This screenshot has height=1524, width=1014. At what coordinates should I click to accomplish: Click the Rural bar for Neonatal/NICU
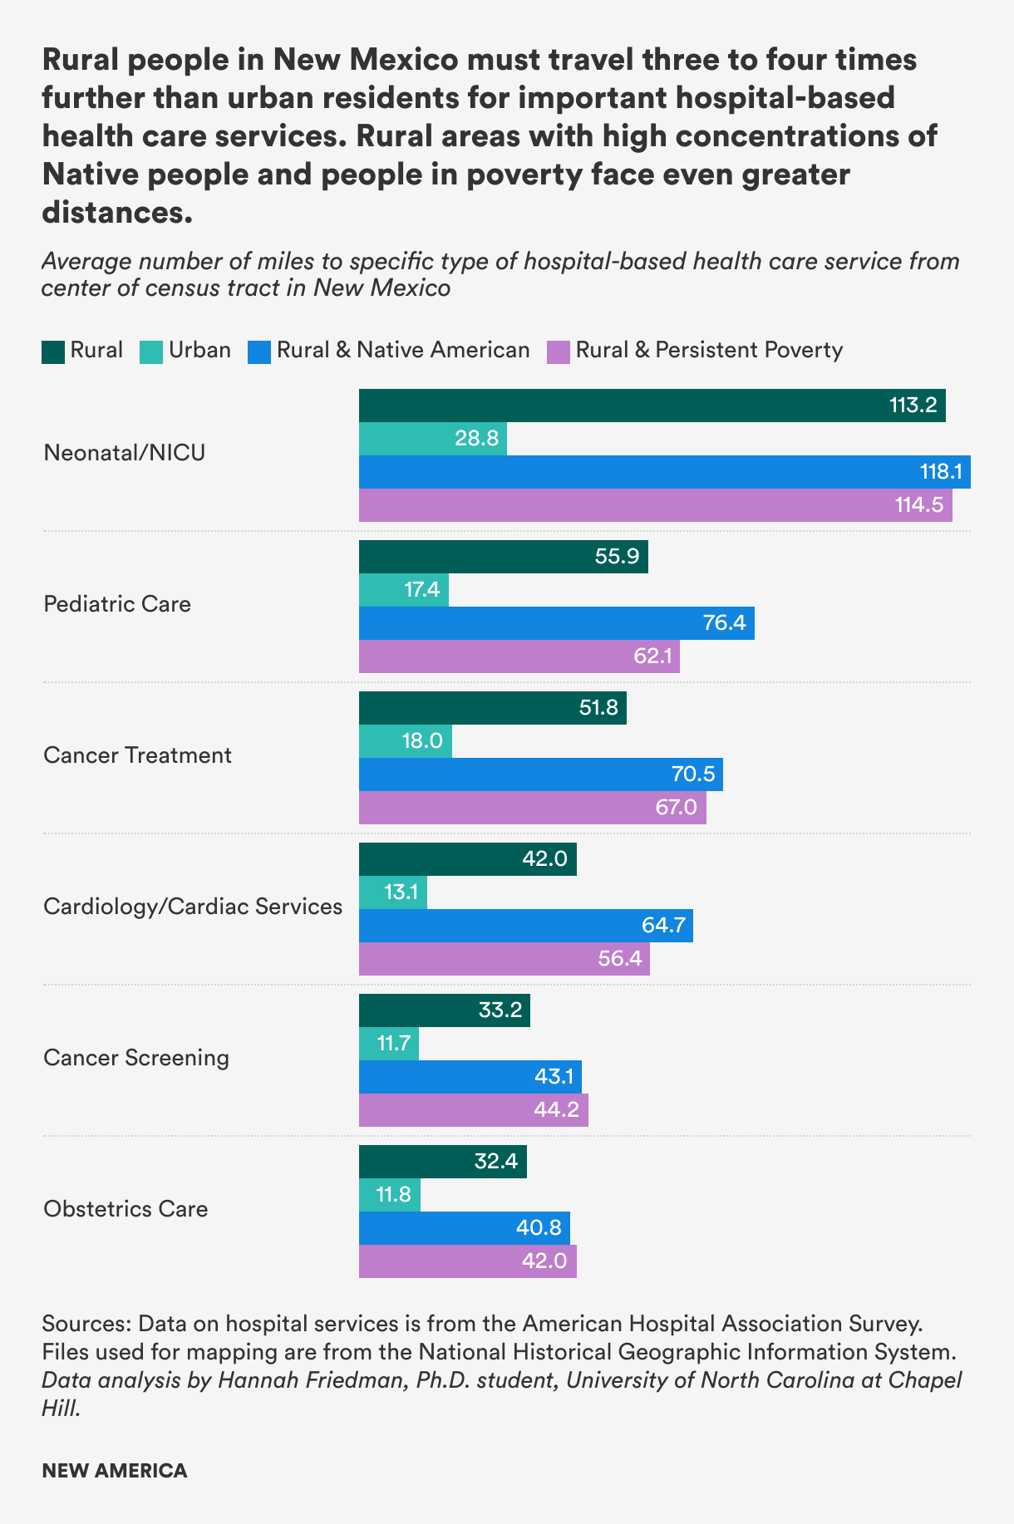[652, 406]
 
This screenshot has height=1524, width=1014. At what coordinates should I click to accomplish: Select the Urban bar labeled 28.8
[432, 439]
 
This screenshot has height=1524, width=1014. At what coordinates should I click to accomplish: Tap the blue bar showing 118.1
[664, 472]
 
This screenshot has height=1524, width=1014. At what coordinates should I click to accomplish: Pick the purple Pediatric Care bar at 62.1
[519, 656]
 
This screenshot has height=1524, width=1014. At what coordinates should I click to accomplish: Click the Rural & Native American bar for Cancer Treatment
[540, 774]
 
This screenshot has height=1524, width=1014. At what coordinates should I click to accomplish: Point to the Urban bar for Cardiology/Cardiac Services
[392, 892]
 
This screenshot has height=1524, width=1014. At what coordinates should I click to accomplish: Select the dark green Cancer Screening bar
[444, 1010]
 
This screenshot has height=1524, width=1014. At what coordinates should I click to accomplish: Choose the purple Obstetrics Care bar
[467, 1261]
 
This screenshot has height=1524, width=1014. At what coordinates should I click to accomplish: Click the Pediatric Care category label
[117, 603]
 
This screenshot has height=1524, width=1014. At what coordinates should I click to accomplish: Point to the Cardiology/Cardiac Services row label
[193, 906]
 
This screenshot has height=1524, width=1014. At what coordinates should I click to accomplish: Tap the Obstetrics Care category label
[126, 1208]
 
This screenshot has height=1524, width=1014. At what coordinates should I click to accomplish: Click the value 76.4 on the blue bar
[724, 622]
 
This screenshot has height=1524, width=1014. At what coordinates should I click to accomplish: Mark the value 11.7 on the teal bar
[394, 1043]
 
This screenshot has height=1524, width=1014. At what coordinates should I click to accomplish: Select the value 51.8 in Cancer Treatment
[598, 708]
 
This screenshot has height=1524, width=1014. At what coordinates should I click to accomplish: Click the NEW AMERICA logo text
[115, 1471]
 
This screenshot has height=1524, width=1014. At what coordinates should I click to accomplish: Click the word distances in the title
[117, 213]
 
